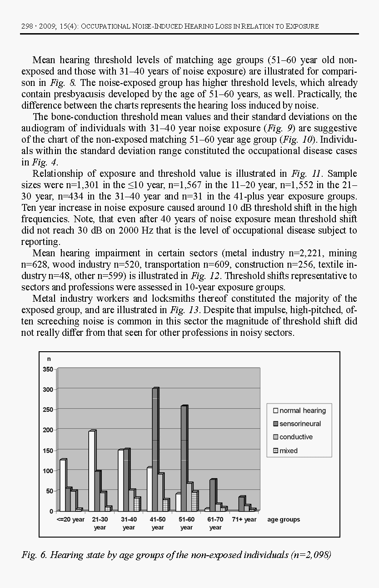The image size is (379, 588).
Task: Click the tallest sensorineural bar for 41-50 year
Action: (x=155, y=449)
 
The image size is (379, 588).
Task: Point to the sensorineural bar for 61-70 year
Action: (x=213, y=495)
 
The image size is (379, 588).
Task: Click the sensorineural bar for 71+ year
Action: (x=242, y=503)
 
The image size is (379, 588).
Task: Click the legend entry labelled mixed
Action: (x=285, y=451)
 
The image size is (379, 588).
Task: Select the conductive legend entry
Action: (x=293, y=437)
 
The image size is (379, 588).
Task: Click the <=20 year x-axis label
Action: (x=71, y=519)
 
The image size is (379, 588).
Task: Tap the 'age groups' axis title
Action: (x=284, y=519)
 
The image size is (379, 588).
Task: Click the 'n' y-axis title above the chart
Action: (x=49, y=359)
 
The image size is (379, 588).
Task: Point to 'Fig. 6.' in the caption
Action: (x=34, y=555)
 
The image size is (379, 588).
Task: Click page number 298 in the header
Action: (x=26, y=26)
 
